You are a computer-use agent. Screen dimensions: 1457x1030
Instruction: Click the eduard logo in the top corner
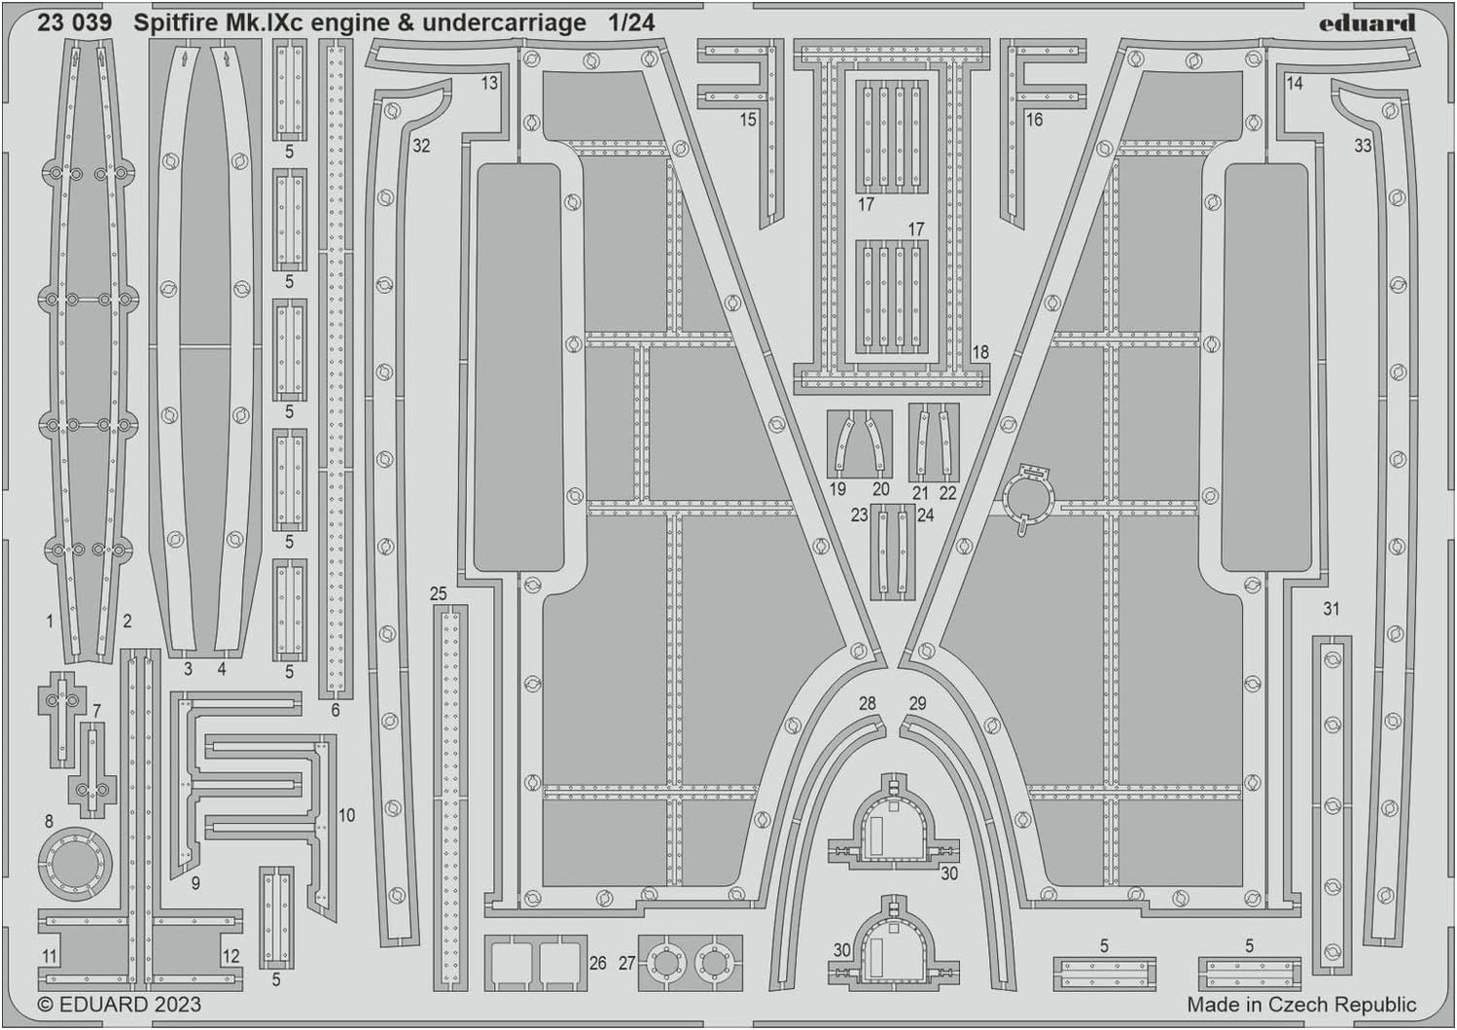tap(1367, 23)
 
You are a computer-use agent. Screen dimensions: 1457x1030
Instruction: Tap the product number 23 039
tap(74, 23)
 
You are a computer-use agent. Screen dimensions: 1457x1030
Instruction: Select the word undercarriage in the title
tap(504, 24)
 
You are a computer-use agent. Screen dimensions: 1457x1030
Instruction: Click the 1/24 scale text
tap(631, 23)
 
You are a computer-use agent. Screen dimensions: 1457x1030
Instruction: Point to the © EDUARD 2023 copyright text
tap(120, 1004)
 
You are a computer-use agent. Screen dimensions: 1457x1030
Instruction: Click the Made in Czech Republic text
tap(1301, 1005)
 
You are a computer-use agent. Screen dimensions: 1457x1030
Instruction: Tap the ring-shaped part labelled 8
tap(76, 865)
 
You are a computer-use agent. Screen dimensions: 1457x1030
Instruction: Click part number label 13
tap(489, 84)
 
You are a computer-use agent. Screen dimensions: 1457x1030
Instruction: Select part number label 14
tap(1295, 84)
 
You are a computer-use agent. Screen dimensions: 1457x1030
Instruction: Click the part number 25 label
tap(439, 593)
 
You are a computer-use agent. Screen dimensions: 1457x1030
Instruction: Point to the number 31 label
tap(1332, 609)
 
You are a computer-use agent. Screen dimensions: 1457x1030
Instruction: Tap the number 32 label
tap(421, 146)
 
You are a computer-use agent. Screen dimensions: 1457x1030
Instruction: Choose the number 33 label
tap(1363, 146)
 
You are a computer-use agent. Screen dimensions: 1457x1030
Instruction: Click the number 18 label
tap(979, 352)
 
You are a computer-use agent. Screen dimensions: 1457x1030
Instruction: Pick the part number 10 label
tap(346, 815)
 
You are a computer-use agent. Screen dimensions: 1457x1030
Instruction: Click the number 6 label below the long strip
tap(335, 710)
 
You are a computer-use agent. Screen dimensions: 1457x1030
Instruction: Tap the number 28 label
tap(867, 703)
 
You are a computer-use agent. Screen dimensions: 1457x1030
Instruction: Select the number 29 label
tap(917, 703)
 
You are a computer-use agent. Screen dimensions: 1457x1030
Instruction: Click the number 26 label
tap(598, 963)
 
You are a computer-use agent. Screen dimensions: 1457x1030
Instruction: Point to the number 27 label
tap(626, 963)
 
